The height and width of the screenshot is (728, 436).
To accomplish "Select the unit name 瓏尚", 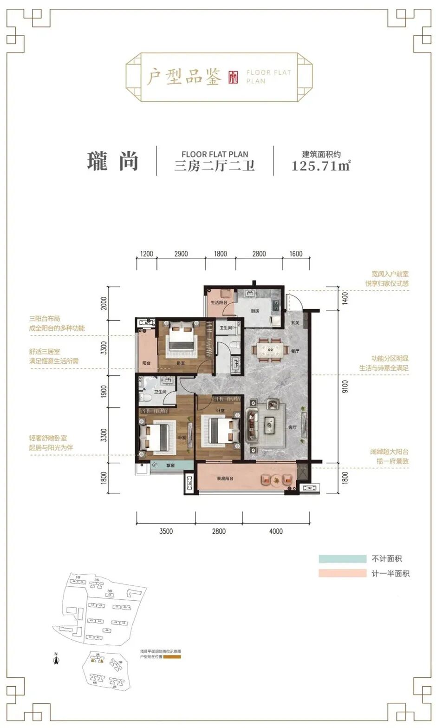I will (113, 161).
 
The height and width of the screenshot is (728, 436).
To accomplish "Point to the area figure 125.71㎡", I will (320, 166).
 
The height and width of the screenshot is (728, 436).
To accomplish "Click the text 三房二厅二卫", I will (215, 166).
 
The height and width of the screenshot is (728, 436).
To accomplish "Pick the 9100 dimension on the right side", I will (345, 387).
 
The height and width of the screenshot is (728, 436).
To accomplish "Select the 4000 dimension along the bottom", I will (276, 531).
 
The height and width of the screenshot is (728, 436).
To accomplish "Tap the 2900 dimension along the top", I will (181, 254).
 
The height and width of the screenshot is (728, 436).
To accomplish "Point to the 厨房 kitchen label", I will (255, 311).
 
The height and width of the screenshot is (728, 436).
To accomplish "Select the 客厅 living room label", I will (293, 427).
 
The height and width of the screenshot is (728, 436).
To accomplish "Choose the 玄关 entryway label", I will (295, 323).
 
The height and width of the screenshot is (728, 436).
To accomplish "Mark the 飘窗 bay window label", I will (169, 465).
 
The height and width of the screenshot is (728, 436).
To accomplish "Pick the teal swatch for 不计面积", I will (342, 559).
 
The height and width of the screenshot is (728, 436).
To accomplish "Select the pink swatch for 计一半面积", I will (342, 574).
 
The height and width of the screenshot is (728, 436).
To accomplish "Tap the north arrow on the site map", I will (56, 659).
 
